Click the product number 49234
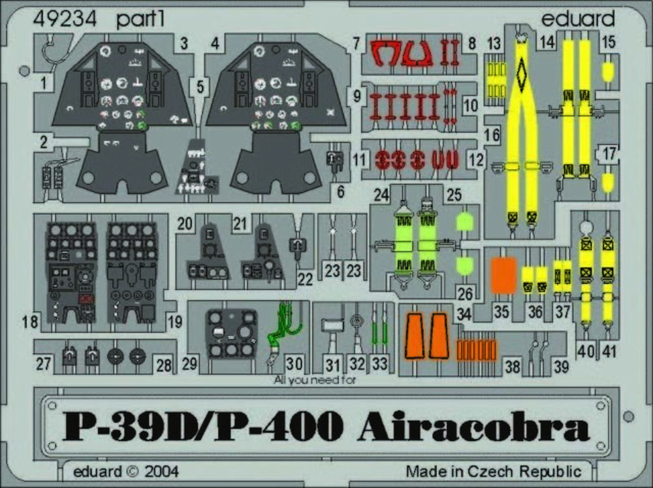(x=65, y=19)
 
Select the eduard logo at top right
(x=578, y=18)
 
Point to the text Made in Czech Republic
(x=494, y=471)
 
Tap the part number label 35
(x=502, y=312)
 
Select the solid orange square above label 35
(x=504, y=276)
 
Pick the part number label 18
(x=30, y=321)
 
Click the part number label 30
(x=294, y=363)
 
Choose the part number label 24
(x=381, y=195)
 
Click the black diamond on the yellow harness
(x=520, y=75)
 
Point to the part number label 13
(x=494, y=43)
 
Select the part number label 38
(x=512, y=366)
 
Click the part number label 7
(x=356, y=43)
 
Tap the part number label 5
(x=200, y=87)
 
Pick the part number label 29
(x=189, y=363)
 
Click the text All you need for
(x=315, y=380)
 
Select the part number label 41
(x=609, y=351)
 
